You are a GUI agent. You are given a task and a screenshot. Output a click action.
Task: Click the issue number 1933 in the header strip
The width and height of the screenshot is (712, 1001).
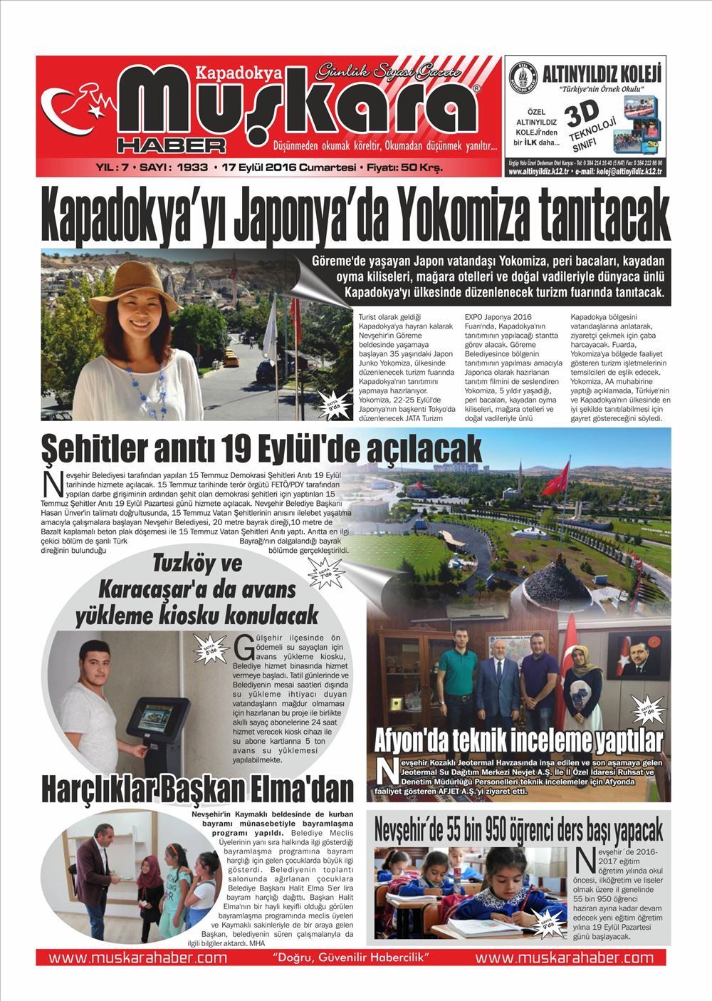192,168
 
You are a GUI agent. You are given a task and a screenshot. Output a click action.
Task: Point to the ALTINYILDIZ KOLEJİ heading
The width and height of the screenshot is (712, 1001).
602,73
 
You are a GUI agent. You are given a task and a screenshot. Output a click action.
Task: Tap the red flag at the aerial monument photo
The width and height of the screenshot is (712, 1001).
564,473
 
